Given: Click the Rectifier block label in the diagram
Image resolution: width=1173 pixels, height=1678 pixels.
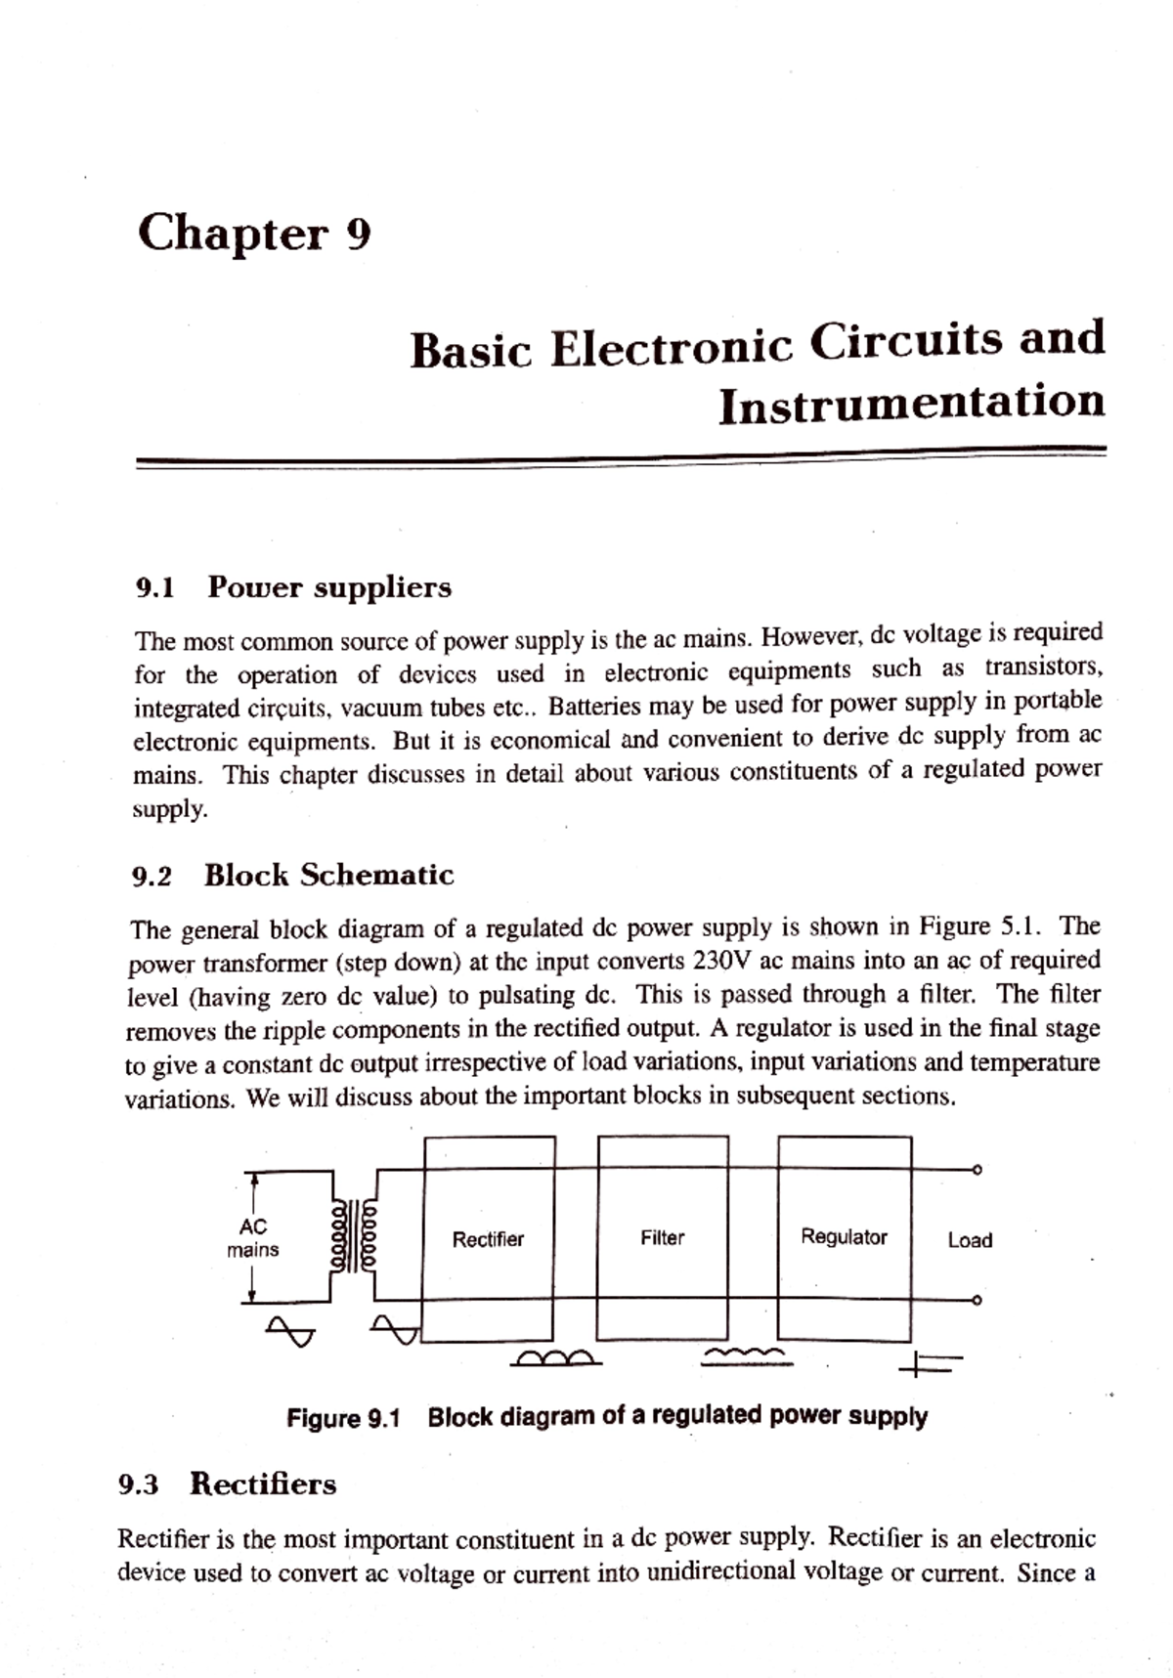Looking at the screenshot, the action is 488,1239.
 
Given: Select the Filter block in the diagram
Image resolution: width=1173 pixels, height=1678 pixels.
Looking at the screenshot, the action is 662,1237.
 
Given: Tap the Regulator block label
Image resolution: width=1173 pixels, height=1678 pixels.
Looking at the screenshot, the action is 844,1236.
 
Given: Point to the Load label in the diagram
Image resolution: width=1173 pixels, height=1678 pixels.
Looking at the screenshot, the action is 970,1240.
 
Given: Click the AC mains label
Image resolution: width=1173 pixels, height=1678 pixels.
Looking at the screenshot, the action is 252,1238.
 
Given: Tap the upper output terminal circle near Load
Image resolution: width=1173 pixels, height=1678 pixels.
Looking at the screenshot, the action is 976,1169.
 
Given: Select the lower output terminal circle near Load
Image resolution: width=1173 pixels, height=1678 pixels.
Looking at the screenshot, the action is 976,1301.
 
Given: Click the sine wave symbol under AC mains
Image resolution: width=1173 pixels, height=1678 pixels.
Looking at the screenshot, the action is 291,1330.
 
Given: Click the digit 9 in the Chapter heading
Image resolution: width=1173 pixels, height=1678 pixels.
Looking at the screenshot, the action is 359,236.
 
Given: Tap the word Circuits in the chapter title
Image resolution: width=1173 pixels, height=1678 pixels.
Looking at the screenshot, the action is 909,342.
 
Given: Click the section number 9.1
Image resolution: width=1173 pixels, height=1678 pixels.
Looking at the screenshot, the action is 154,588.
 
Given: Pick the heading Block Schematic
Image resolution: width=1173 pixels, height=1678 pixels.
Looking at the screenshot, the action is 328,875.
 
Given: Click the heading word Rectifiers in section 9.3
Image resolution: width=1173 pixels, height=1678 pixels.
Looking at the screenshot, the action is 262,1484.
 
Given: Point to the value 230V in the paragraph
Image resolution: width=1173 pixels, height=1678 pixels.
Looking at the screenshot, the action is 722,961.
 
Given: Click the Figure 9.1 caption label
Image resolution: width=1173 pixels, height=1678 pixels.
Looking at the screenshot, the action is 343,1418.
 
